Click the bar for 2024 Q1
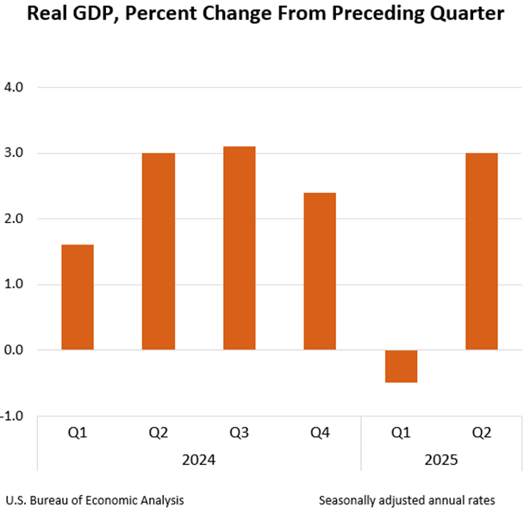(x=78, y=297)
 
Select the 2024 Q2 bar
(x=159, y=251)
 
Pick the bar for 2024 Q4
(x=320, y=271)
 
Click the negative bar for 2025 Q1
(x=401, y=366)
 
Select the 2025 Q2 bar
(x=482, y=251)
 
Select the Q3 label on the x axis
(x=239, y=433)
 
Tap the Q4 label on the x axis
(x=320, y=433)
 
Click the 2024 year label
(x=198, y=460)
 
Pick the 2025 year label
(x=441, y=460)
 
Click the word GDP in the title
(x=90, y=15)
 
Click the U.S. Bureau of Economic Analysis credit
(x=94, y=499)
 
